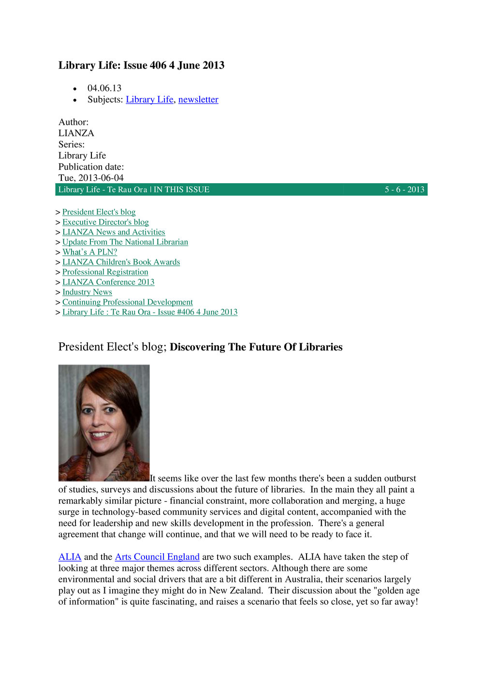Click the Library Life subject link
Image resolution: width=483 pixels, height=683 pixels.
pos(149,100)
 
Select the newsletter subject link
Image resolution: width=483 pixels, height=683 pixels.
pos(198,100)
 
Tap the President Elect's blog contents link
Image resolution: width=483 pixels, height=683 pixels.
pos(99,212)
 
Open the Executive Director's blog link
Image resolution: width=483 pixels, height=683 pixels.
pos(105,222)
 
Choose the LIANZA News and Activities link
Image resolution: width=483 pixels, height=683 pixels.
pos(114,232)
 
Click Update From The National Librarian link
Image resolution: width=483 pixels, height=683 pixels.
pos(125,242)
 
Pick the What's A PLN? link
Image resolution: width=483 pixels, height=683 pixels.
pos(89,252)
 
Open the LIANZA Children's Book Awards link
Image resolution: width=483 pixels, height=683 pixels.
pos(121,262)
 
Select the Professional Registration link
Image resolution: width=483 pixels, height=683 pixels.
pos(105,272)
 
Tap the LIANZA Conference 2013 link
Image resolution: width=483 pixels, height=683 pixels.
pos(108,282)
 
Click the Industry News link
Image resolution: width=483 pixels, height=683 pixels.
pos(87,292)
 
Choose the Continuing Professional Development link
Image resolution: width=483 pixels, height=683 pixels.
pos(128,302)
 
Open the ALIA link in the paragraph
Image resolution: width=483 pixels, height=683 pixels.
pos(70,557)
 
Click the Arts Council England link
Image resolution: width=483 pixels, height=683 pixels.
pos(157,557)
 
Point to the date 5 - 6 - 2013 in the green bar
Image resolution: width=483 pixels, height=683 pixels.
pos(404,189)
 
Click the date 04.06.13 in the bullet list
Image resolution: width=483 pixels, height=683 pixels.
pos(104,88)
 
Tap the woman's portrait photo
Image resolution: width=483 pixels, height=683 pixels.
pos(104,423)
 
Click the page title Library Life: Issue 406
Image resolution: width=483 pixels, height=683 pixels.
pos(141,65)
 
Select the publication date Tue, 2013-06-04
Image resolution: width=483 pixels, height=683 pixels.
pos(91,178)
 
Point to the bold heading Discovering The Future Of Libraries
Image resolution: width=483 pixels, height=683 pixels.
pos(256,347)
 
